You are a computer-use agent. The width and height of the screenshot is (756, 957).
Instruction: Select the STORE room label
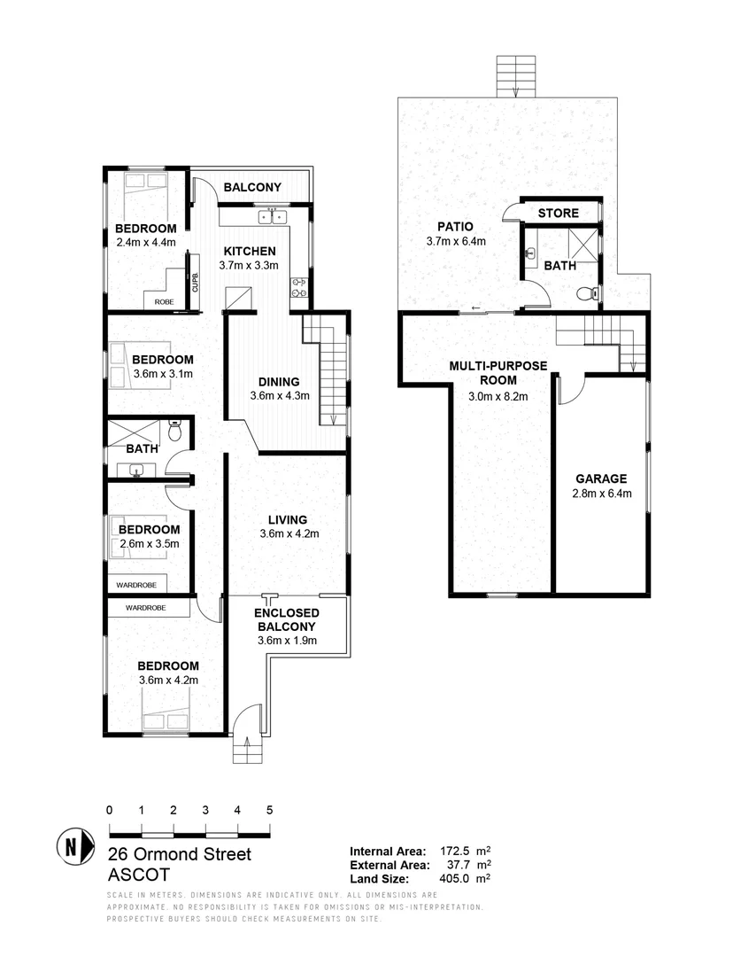(559, 213)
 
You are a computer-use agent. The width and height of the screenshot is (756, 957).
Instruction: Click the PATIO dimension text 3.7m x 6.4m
(456, 240)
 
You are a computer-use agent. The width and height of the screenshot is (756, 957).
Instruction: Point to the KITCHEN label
(249, 251)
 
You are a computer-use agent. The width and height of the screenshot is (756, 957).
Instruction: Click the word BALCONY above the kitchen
(252, 187)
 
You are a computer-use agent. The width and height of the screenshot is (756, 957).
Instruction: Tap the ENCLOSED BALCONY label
(287, 619)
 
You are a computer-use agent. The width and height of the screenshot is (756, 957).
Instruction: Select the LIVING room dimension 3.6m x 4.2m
(289, 533)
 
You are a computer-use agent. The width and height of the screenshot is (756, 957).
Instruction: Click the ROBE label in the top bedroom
(164, 302)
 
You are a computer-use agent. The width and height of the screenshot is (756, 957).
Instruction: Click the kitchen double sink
(272, 216)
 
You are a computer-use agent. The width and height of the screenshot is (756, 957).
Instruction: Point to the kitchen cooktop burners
(299, 285)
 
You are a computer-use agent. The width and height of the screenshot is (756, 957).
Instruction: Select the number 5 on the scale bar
(269, 810)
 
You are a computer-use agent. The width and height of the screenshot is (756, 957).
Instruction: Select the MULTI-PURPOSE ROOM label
(498, 372)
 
